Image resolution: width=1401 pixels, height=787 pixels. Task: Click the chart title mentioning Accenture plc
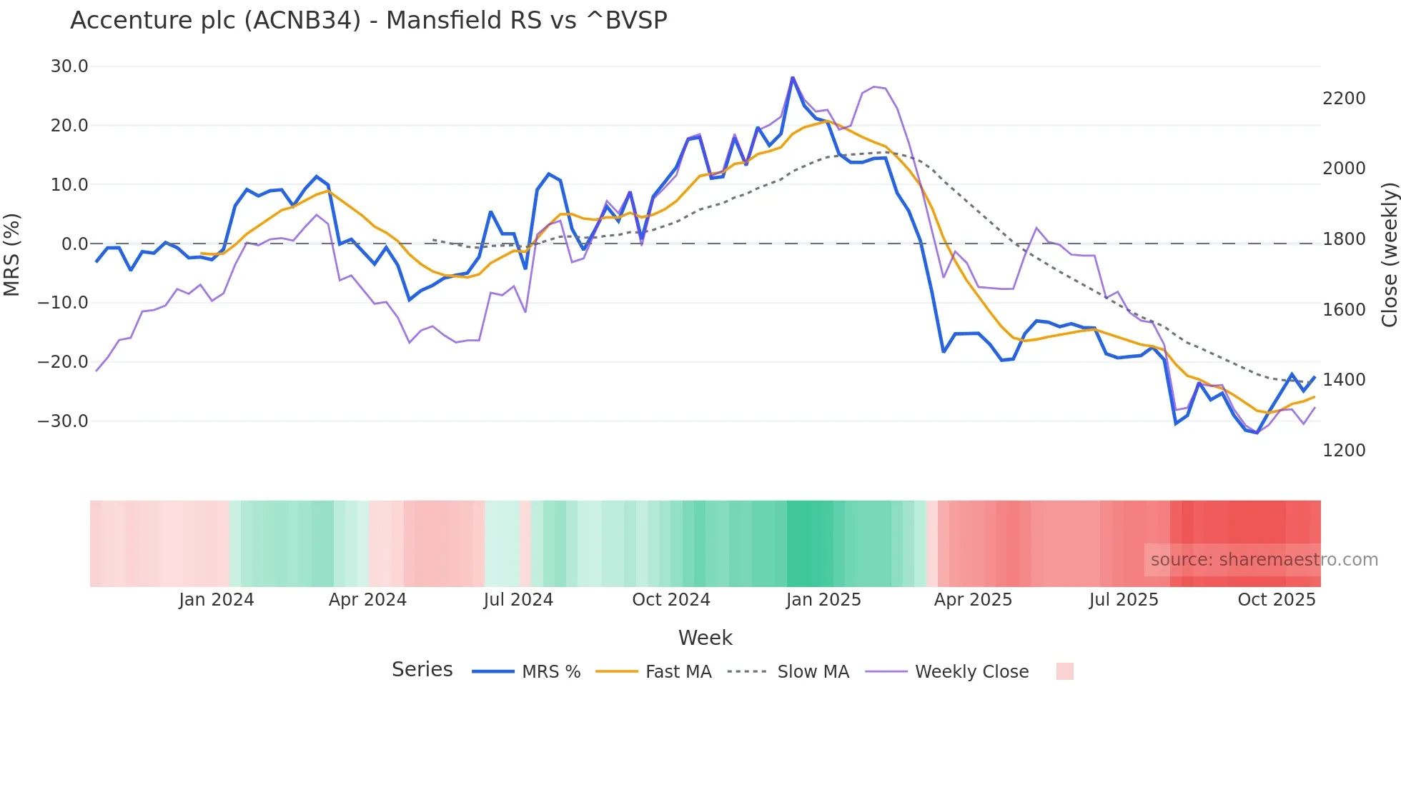[368, 21]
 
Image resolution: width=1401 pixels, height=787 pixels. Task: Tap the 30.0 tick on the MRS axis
[69, 66]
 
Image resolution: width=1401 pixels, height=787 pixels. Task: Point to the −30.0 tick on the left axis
[63, 421]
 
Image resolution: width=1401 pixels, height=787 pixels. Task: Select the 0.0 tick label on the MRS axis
[74, 244]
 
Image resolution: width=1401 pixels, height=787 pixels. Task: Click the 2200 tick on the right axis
[1344, 99]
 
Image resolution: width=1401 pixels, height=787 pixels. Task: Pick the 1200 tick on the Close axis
[1344, 451]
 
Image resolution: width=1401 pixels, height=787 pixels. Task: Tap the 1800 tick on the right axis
[1344, 239]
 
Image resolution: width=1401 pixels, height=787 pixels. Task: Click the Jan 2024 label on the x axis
[216, 600]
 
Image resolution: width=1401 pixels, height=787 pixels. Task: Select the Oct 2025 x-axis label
[1276, 600]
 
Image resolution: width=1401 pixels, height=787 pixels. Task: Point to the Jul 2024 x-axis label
[518, 600]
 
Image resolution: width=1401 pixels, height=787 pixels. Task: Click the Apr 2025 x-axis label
[973, 600]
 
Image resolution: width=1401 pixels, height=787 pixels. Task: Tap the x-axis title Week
[705, 638]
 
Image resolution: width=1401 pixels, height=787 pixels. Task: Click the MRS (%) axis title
[12, 254]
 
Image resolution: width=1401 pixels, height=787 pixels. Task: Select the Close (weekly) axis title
[1389, 254]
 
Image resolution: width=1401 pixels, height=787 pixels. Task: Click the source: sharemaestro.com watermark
[1264, 560]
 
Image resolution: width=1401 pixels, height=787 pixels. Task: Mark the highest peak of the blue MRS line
[793, 77]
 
